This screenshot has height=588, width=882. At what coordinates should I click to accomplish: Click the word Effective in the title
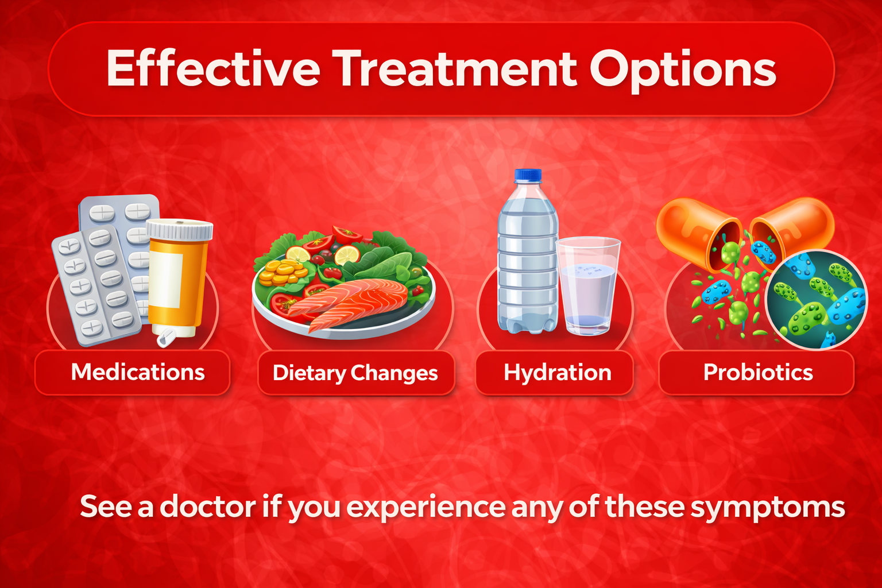coord(213,68)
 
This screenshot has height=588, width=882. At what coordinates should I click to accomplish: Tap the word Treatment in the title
coord(454,68)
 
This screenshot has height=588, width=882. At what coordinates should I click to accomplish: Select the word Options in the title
coord(683,71)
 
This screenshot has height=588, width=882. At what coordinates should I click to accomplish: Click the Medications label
coord(138,372)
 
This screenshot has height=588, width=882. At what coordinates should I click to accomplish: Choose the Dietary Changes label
coord(355,373)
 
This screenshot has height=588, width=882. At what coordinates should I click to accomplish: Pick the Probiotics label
coord(758,372)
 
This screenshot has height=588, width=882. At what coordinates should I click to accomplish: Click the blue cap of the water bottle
coord(528,175)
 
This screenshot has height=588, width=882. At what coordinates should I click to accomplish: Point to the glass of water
coord(588,286)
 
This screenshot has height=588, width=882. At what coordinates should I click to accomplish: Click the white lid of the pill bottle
coord(180,229)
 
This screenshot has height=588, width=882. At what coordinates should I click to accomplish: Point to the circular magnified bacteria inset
coord(816,299)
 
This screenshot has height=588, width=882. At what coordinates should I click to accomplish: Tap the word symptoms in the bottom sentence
coord(768,509)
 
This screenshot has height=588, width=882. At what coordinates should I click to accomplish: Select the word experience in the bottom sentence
coord(425,509)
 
